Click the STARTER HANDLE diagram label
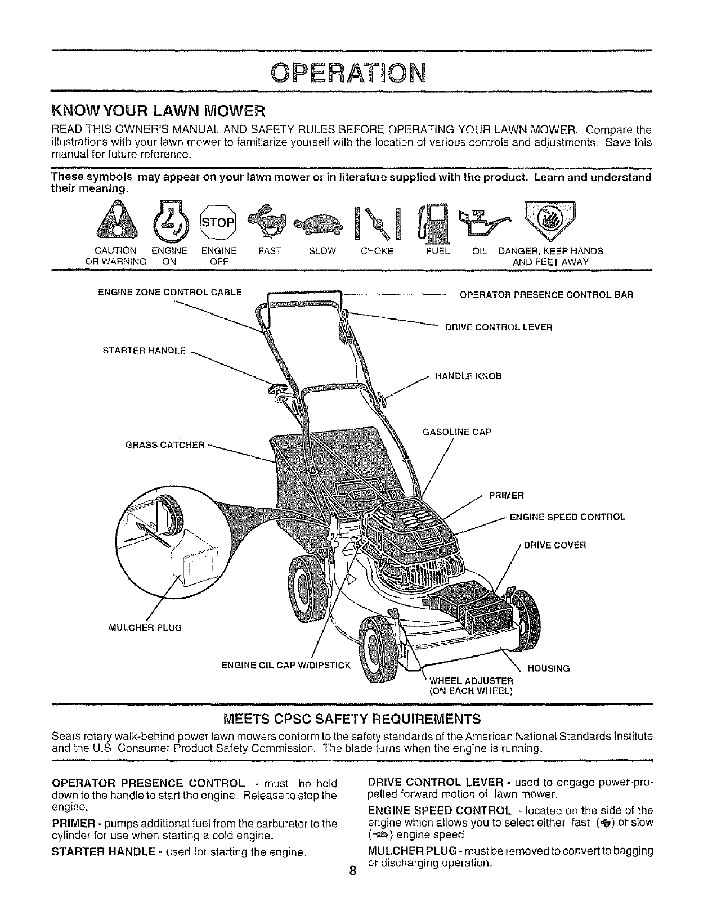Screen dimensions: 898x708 (x=144, y=351)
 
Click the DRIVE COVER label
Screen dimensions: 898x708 (x=555, y=545)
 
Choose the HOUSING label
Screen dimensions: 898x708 (x=548, y=668)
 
